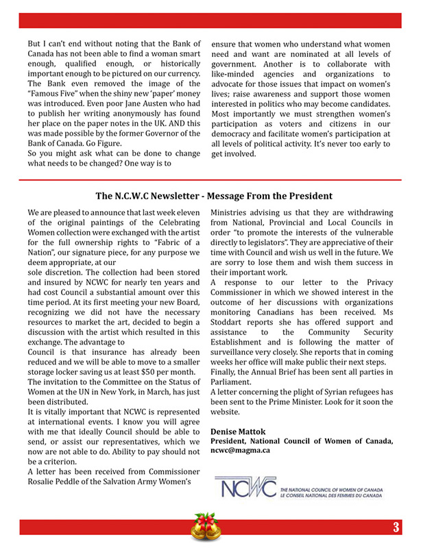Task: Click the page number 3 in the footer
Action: [x=396, y=527]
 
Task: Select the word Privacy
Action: [x=374, y=282]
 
